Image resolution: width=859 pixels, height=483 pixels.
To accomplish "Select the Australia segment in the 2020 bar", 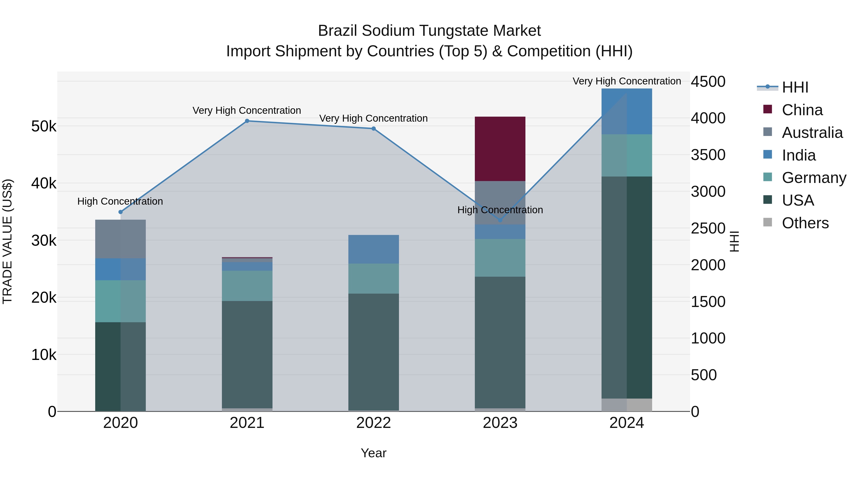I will [x=120, y=239].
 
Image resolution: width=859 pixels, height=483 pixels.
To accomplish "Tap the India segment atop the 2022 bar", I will [x=373, y=249].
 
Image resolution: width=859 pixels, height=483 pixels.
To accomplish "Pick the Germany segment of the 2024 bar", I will [x=627, y=155].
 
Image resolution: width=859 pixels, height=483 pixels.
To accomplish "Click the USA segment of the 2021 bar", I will [x=247, y=354].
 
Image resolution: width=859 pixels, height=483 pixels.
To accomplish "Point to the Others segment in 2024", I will [x=627, y=405].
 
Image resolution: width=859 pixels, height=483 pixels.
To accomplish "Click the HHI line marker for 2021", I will [x=247, y=121].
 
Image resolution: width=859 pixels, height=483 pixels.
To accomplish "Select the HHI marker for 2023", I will [x=500, y=220].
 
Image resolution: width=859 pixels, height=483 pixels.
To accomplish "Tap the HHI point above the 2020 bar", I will [x=121, y=212].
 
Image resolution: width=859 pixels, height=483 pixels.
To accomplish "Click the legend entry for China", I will [x=802, y=110].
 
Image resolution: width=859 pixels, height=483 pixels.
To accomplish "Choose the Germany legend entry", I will [x=813, y=178].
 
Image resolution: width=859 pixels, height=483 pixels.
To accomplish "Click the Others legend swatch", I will [x=767, y=222].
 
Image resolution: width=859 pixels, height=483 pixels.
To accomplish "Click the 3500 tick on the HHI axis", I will [x=708, y=155].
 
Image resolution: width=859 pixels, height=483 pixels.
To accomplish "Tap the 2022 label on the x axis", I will [x=373, y=423].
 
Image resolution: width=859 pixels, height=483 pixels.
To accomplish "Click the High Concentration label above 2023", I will [x=500, y=210].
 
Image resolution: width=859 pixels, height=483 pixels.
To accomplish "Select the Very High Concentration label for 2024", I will [x=627, y=81].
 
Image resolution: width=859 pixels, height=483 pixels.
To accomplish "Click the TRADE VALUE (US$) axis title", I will [x=8, y=241].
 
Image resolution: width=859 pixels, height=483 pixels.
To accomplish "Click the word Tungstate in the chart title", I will [x=451, y=31].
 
